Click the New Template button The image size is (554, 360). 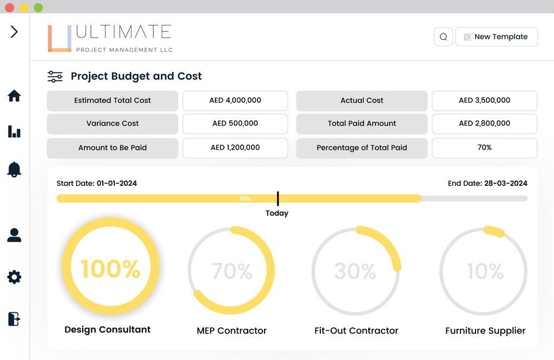pyautogui.click(x=496, y=37)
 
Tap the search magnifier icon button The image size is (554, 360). pyautogui.click(x=443, y=37)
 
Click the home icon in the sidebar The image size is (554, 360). pyautogui.click(x=14, y=96)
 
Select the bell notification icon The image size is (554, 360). pyautogui.click(x=14, y=169)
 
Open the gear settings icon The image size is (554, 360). pyautogui.click(x=14, y=277)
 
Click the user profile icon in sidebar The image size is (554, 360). pyautogui.click(x=14, y=235)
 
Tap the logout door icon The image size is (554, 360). pyautogui.click(x=14, y=319)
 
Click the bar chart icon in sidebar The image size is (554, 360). pyautogui.click(x=14, y=131)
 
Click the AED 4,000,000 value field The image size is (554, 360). pyautogui.click(x=235, y=101)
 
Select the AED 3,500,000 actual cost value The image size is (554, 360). pyautogui.click(x=484, y=101)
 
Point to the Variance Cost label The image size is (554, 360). pyautogui.click(x=113, y=124)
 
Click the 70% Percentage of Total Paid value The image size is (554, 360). pyautogui.click(x=484, y=148)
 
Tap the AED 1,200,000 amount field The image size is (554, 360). pyautogui.click(x=235, y=148)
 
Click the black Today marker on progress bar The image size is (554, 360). pyautogui.click(x=278, y=198)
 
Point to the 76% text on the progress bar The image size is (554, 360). pyautogui.click(x=245, y=199)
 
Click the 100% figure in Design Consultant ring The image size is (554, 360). pyautogui.click(x=110, y=269)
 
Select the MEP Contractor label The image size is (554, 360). pyautogui.click(x=232, y=331)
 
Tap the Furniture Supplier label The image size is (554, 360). pyautogui.click(x=485, y=331)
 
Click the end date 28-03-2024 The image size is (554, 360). pyautogui.click(x=505, y=184)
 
